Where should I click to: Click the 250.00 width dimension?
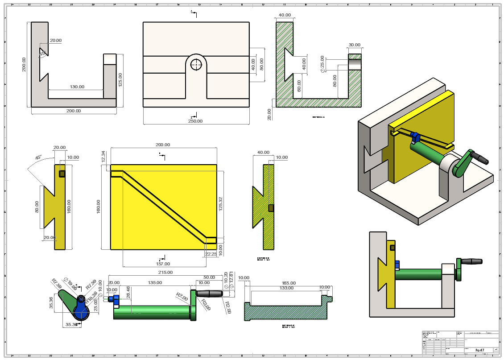[x=195, y=121]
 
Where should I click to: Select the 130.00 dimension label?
[x=77, y=87]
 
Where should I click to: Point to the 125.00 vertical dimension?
[x=120, y=79]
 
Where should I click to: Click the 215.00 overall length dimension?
[x=165, y=272]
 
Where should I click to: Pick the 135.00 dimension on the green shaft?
[x=154, y=282]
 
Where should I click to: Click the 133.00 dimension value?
[x=286, y=288]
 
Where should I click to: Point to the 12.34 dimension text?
[x=104, y=156]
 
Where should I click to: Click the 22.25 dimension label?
[x=211, y=254]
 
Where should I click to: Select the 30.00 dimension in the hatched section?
[x=355, y=45]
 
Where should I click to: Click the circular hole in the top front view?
[x=196, y=65]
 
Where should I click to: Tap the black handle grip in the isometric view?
[x=481, y=157]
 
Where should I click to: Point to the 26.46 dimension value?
[x=128, y=293]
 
